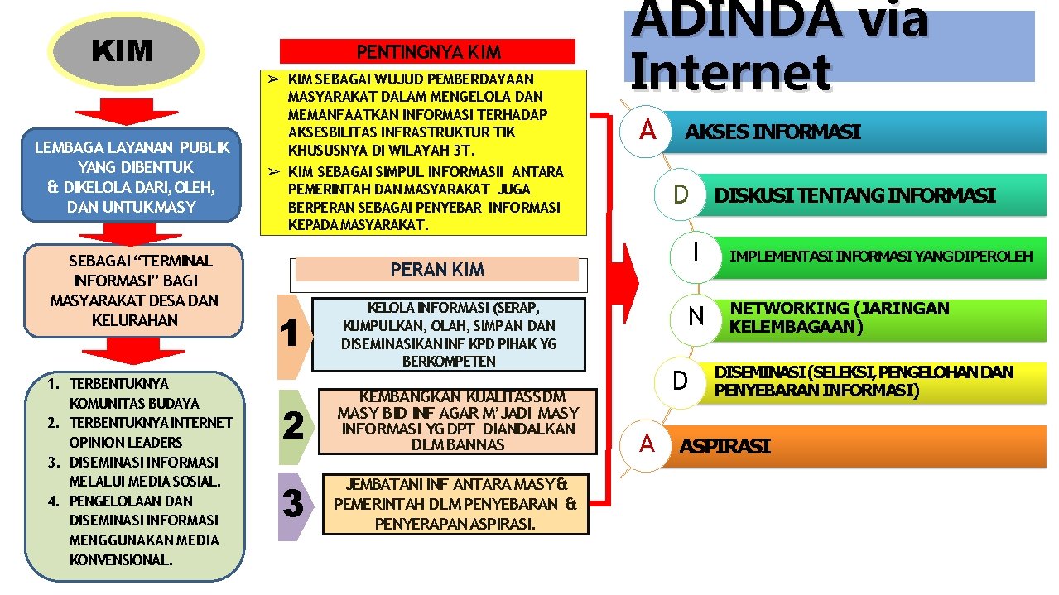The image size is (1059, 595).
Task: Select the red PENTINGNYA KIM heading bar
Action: click(x=427, y=51)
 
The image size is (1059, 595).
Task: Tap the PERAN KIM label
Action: click(x=437, y=270)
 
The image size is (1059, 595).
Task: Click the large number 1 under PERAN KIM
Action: click(x=290, y=333)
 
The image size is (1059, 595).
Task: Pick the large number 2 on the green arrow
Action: click(x=293, y=425)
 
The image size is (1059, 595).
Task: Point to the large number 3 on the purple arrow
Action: click(x=293, y=504)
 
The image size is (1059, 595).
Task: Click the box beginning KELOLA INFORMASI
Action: click(x=449, y=333)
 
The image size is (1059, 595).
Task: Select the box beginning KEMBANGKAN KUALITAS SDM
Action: click(x=458, y=421)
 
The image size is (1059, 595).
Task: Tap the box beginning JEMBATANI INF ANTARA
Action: click(x=455, y=504)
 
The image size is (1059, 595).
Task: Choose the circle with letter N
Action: click(x=696, y=315)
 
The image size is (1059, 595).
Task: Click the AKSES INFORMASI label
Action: click(x=772, y=132)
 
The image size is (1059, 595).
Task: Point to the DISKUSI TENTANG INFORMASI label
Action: click(x=854, y=196)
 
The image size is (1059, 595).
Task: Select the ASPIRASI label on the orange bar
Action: click(x=724, y=447)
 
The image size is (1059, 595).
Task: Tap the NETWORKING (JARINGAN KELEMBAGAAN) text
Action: click(x=838, y=317)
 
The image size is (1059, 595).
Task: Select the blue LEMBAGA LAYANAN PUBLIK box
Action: click(x=132, y=176)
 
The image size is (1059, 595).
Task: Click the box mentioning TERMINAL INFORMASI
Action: click(x=134, y=290)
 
